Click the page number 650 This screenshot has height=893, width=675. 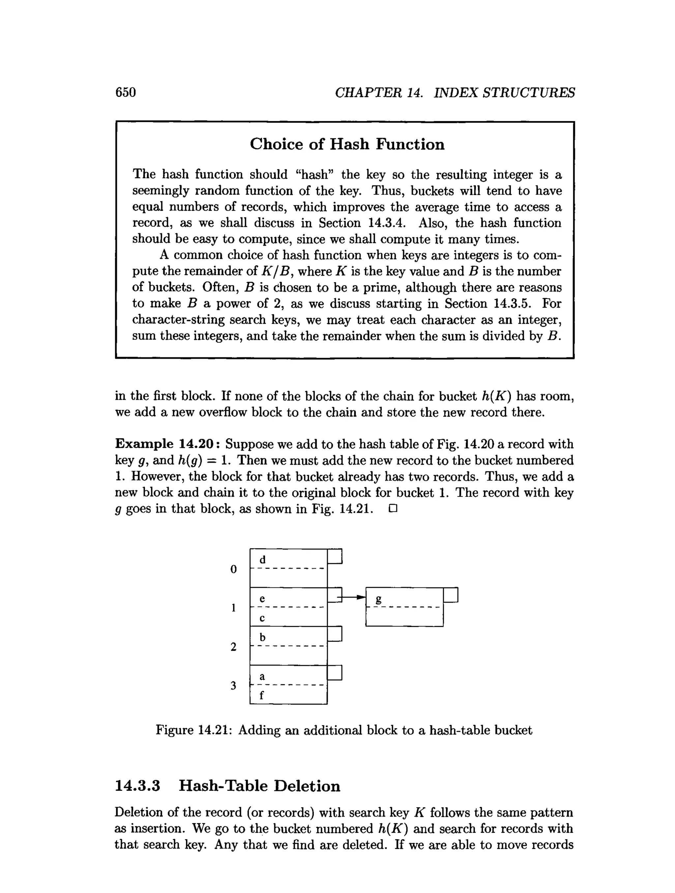[126, 92]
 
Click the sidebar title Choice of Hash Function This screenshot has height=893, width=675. [347, 144]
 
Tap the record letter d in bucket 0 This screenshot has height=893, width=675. [262, 560]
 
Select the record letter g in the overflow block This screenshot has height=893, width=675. [378, 599]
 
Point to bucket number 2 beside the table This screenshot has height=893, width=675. [233, 647]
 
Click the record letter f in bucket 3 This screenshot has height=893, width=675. [262, 695]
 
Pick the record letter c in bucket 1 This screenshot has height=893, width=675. [262, 618]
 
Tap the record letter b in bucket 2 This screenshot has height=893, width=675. [262, 638]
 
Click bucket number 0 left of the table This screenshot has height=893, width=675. [233, 569]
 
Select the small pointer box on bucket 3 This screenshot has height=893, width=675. [335, 672]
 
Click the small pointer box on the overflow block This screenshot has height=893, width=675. [451, 595]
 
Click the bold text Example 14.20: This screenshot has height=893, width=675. [167, 444]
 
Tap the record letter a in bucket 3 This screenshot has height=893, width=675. [262, 676]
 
